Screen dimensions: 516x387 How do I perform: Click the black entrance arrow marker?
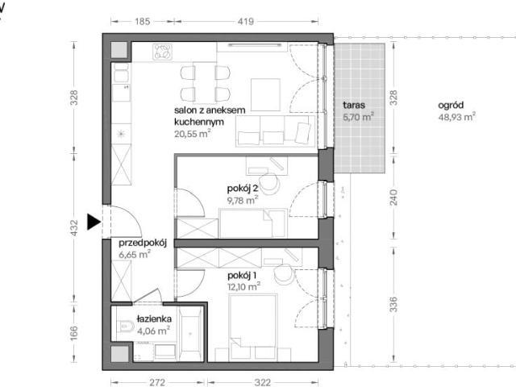[x=94, y=222]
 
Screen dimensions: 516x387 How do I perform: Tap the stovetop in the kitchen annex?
[x=163, y=52]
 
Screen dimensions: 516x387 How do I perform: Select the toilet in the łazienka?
[x=125, y=326]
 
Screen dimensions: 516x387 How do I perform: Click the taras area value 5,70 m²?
[x=358, y=117]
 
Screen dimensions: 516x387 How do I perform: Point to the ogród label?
[x=451, y=106]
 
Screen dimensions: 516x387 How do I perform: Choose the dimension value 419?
[x=245, y=22]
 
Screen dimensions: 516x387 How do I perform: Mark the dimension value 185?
[x=142, y=22]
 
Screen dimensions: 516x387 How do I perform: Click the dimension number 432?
[x=74, y=227]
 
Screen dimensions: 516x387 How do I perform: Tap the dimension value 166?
[x=74, y=333]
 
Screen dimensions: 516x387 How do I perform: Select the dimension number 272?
[x=157, y=382]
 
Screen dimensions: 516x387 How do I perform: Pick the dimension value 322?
[x=263, y=382]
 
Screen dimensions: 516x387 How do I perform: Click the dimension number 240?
[x=393, y=197]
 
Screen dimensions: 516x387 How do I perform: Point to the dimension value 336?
[x=393, y=305]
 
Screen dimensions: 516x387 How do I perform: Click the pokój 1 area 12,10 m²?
[x=243, y=287]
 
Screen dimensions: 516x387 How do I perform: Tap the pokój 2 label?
[x=243, y=189]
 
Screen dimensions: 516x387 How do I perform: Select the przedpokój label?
[x=143, y=243]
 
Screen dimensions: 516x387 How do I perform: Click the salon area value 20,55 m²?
[x=193, y=134]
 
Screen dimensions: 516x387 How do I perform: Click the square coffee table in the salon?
[x=265, y=95]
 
